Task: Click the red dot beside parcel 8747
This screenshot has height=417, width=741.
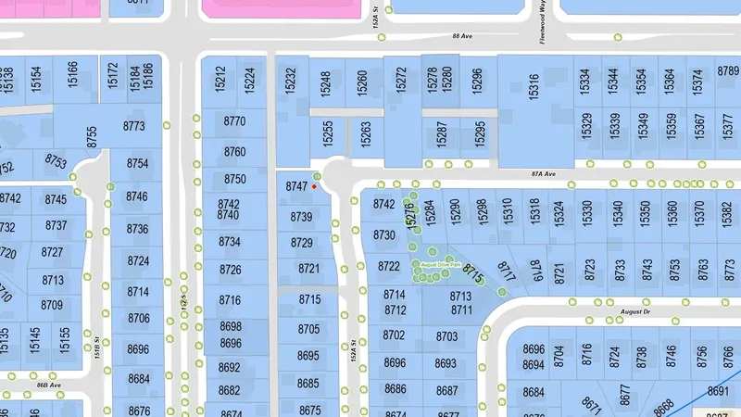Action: (x=315, y=187)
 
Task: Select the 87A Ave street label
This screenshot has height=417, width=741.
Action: (x=543, y=173)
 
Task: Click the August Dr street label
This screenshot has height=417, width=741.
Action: (x=636, y=312)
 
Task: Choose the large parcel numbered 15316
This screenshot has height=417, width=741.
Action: (x=534, y=88)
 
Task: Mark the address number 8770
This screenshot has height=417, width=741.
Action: (x=235, y=121)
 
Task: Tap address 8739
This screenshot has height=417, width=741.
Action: (x=301, y=217)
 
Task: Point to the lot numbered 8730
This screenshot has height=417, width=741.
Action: (x=383, y=235)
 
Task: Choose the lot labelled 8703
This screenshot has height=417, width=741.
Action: (x=446, y=336)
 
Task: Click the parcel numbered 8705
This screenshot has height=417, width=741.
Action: (x=308, y=330)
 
